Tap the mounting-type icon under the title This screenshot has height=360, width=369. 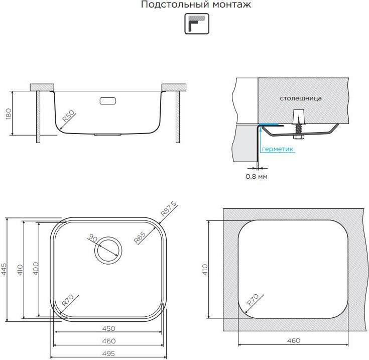point(196,24)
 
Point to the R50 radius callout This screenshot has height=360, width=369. point(69,117)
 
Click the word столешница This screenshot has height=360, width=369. point(301,98)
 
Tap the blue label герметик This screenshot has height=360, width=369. point(278,149)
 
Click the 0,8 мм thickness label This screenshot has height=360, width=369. point(256,176)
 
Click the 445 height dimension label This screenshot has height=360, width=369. point(4,270)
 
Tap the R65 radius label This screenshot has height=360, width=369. point(141,236)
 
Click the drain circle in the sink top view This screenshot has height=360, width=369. point(107,249)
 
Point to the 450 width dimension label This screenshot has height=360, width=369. point(109,328)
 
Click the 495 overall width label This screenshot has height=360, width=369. point(109,353)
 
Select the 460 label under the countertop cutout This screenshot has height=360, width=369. point(294,340)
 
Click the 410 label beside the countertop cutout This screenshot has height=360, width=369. point(205,270)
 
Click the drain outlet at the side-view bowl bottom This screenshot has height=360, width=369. point(108,134)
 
